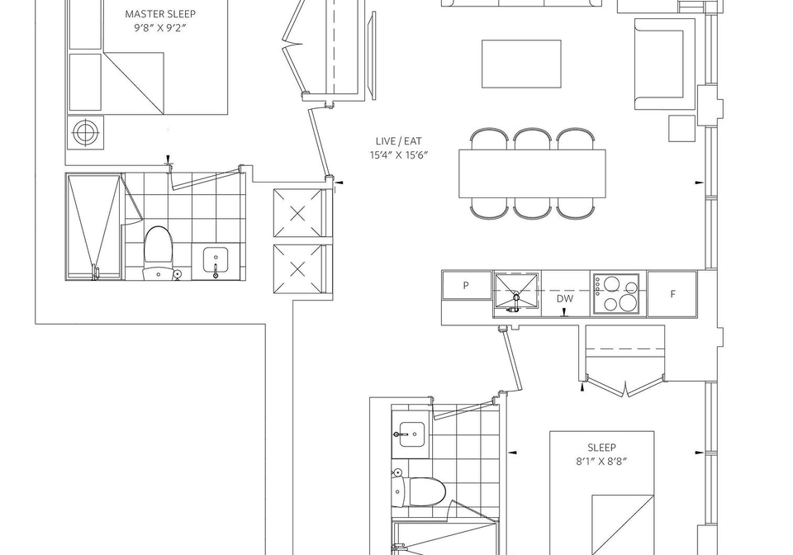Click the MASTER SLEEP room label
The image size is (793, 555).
pyautogui.click(x=159, y=14)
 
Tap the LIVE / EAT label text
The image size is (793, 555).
pyautogui.click(x=398, y=141)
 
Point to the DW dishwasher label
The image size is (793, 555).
pyautogui.click(x=565, y=299)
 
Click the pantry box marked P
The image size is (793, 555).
pyautogui.click(x=466, y=285)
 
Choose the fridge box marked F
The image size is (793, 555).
pyautogui.click(x=672, y=294)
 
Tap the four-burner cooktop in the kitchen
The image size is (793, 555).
pyautogui.click(x=616, y=294)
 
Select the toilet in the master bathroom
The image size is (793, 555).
pyautogui.click(x=159, y=253)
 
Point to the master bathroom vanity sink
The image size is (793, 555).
pyautogui.click(x=216, y=260)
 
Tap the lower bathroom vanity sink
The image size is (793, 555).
pyautogui.click(x=411, y=434)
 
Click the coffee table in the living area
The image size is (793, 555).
pyautogui.click(x=521, y=64)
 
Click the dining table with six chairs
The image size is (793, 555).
pyautogui.click(x=532, y=173)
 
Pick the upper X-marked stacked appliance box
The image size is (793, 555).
pyautogui.click(x=298, y=213)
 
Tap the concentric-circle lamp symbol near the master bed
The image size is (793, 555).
pyautogui.click(x=85, y=132)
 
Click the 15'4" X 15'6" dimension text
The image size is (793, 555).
pyautogui.click(x=398, y=154)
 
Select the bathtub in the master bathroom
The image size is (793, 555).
pyautogui.click(x=94, y=226)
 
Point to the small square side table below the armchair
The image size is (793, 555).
pyautogui.click(x=681, y=128)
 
